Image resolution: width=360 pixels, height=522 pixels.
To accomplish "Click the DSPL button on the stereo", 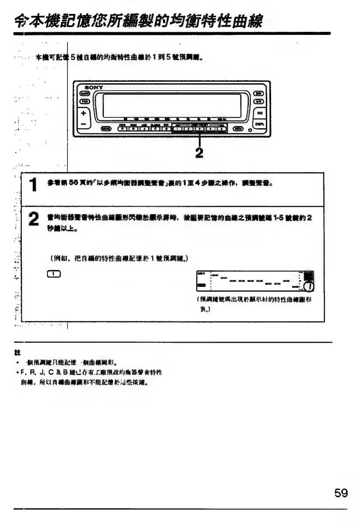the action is pyautogui.click(x=259, y=123).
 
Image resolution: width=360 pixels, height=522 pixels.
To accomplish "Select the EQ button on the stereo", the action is pyautogui.click(x=259, y=113).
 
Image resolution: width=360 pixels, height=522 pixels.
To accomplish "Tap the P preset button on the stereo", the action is pyautogui.click(x=123, y=129).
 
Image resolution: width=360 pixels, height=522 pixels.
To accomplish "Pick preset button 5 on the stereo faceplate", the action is pyautogui.click(x=221, y=129).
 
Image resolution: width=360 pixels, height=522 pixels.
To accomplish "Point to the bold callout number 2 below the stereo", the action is pyautogui.click(x=200, y=154).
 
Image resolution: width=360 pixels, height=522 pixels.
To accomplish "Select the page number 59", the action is pyautogui.click(x=341, y=493).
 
